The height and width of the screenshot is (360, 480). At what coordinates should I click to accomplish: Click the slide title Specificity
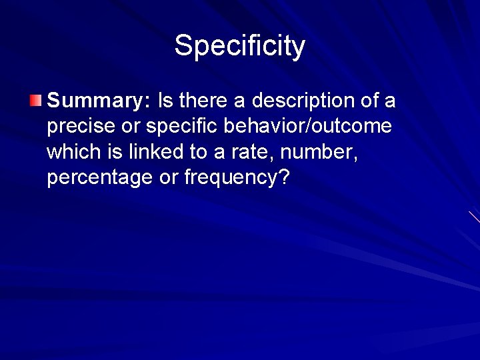click(x=240, y=46)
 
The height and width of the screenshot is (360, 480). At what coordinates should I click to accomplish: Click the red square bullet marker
click(x=35, y=101)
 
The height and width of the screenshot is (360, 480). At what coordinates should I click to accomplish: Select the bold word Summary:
click(x=99, y=102)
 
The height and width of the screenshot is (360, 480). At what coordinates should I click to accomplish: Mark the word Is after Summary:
click(x=165, y=102)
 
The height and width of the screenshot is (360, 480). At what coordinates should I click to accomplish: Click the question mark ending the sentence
click(x=285, y=178)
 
